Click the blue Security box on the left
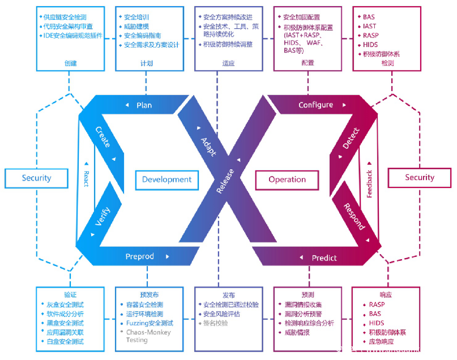pos(36,178)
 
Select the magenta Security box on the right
pos(420,178)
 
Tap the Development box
pos(166,179)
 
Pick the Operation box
pos(287,179)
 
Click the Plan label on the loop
pos(144,105)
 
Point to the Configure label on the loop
pos(315,105)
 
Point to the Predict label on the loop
pos(324,258)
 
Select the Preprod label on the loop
pos(139,256)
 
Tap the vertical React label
pos(86,178)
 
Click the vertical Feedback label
pos(369,184)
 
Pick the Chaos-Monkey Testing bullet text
pos(148,336)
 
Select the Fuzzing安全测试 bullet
pos(150,323)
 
